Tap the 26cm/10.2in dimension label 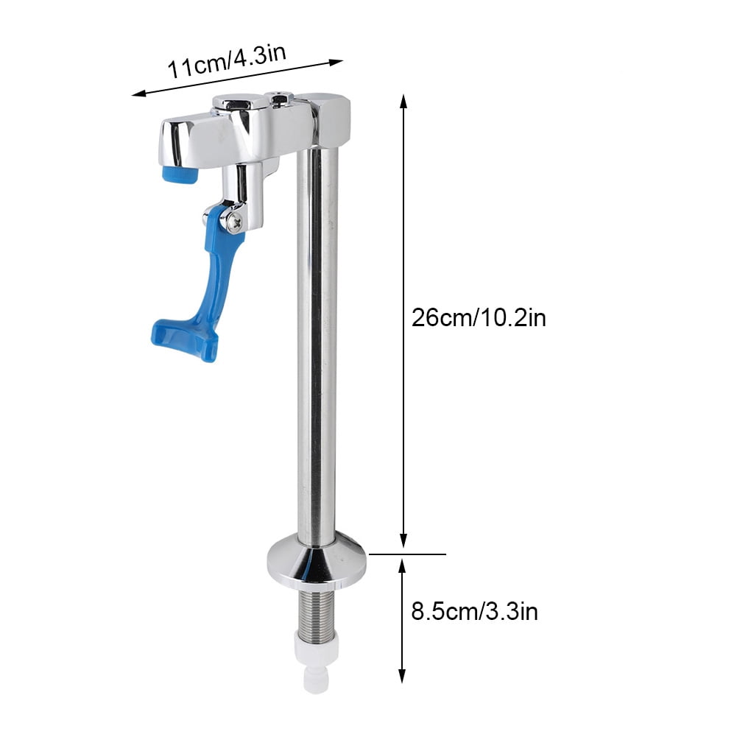point(479,318)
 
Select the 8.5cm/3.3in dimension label point(474,611)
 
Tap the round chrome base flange point(317,559)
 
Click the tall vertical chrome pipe point(318,331)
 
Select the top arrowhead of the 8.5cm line point(403,564)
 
